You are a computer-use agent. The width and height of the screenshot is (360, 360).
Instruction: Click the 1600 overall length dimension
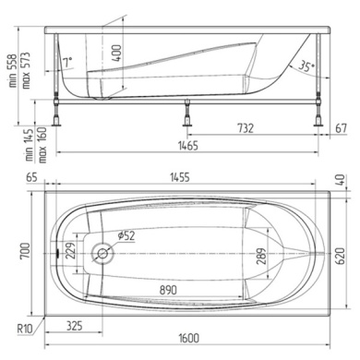[189, 338]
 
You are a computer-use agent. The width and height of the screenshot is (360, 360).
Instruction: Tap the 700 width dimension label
[25, 251]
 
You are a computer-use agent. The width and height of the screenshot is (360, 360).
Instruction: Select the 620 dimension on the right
[340, 256]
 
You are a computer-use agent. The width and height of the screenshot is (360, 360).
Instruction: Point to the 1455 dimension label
[180, 177]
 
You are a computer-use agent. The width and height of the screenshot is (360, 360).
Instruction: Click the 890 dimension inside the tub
[168, 290]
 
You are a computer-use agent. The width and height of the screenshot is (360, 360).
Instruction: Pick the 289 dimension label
[261, 257]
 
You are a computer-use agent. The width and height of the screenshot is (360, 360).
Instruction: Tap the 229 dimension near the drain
[70, 251]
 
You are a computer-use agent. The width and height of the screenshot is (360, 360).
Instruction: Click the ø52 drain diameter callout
[126, 235]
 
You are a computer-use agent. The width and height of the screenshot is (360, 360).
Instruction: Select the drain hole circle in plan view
[102, 253]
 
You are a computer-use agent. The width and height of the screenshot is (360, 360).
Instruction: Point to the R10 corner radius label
[25, 329]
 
